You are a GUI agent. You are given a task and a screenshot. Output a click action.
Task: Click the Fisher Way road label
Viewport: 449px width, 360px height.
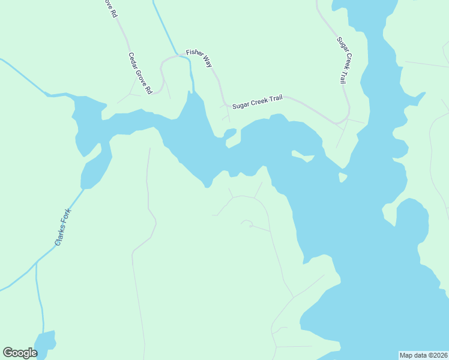tap(199, 58)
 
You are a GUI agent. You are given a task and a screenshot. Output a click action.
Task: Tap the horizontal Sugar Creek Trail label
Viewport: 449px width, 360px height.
tap(257, 102)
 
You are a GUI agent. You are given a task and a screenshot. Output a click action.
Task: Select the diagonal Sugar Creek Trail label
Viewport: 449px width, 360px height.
tap(342, 60)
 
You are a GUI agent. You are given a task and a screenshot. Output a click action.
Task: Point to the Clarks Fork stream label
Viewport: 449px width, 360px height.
tap(62, 227)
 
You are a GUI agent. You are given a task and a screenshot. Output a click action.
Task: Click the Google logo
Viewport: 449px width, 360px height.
tap(20, 353)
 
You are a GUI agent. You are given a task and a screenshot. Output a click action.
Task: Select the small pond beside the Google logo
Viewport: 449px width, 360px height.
tap(46, 344)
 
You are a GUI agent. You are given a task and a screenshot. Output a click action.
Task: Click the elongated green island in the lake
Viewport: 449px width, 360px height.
tap(303, 157)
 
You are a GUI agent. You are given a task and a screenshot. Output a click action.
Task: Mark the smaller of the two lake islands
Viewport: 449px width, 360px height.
tap(342, 178)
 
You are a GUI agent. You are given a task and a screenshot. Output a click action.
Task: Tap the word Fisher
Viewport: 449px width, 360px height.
tap(194, 54)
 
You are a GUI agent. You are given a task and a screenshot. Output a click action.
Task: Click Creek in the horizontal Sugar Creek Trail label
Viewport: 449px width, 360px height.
tap(259, 101)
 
